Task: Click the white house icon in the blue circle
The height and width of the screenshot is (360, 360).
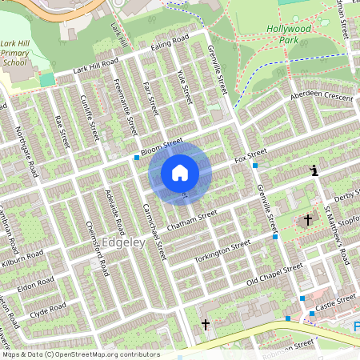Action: coord(180,172)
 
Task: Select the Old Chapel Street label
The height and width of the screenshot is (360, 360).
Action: coord(274,274)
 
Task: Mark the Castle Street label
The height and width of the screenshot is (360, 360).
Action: coord(334,302)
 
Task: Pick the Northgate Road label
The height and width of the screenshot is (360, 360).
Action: coord(30,155)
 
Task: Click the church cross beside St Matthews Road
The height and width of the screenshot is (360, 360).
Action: coord(308,220)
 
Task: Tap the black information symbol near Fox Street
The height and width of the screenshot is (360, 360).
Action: coord(314,170)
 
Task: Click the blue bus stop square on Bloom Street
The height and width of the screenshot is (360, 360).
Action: coord(137,158)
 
